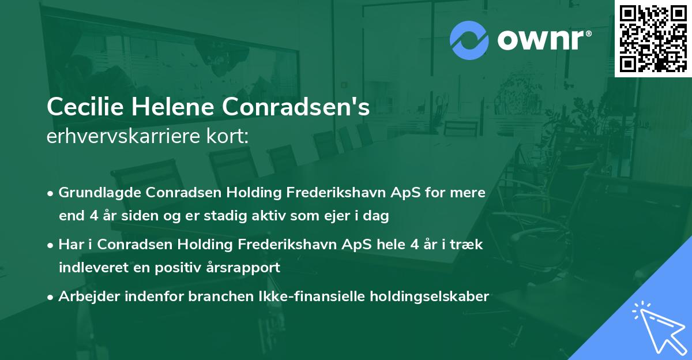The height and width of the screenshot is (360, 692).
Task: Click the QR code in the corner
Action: pos(653,39)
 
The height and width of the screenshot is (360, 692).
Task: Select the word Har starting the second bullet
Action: pos(70,244)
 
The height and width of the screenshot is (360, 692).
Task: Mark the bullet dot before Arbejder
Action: pos(51,297)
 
